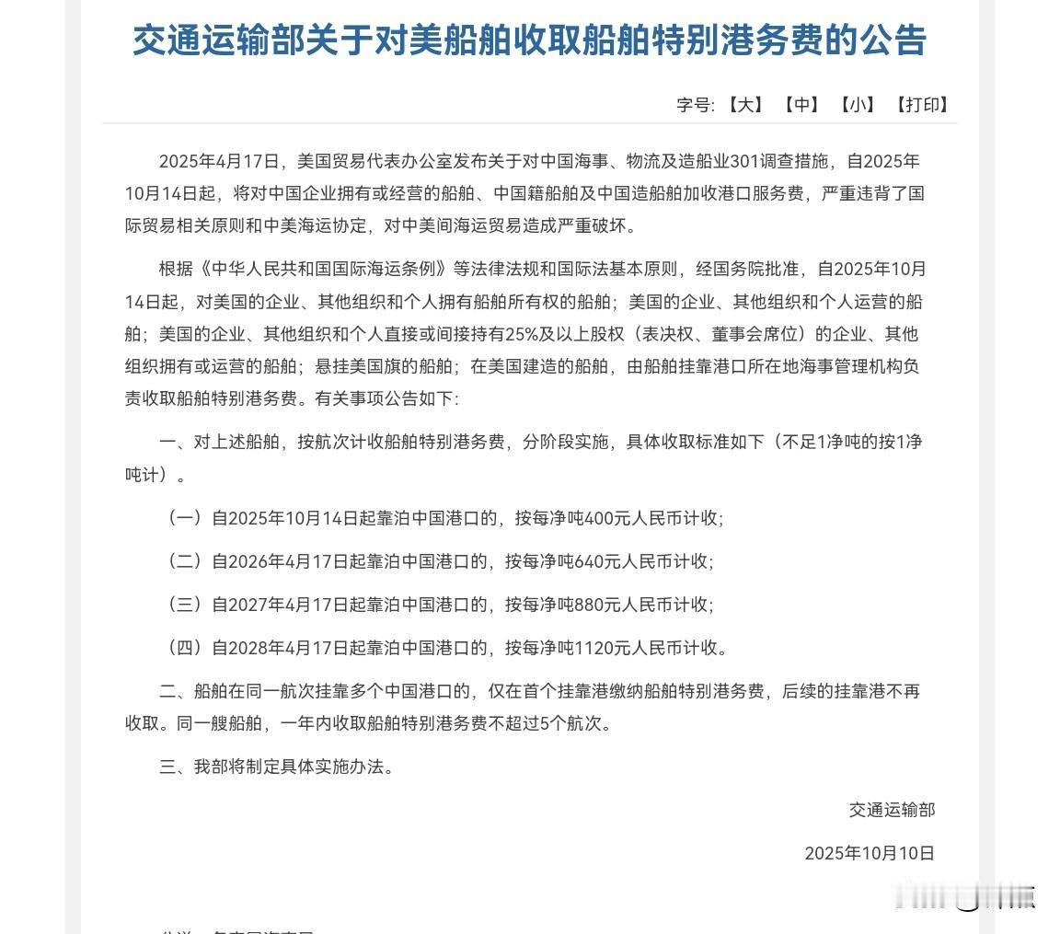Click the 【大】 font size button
tap(745, 105)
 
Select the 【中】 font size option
tap(801, 105)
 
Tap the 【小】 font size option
tap(858, 105)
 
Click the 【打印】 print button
tap(923, 105)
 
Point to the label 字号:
tap(696, 105)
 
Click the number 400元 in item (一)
tap(611, 518)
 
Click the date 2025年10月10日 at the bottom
tap(870, 853)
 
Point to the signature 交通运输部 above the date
tap(892, 810)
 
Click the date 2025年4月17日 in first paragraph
tap(219, 162)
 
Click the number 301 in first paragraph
tap(743, 162)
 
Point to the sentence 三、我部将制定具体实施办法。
tap(277, 767)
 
